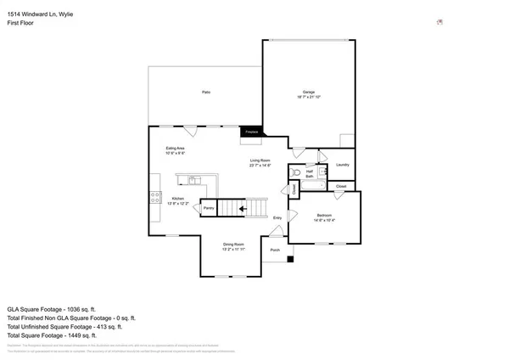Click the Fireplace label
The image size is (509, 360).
(x=251, y=132)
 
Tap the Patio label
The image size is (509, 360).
(x=206, y=92)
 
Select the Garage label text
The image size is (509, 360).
(x=310, y=92)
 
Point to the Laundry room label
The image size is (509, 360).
(x=343, y=165)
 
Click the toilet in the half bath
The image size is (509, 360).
(x=295, y=172)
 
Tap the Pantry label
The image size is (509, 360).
(x=208, y=208)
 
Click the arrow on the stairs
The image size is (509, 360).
(x=243, y=207)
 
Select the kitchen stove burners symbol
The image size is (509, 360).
(x=156, y=196)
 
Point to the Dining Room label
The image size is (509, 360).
(x=233, y=245)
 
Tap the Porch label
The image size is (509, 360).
(x=275, y=250)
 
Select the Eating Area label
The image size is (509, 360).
(x=176, y=149)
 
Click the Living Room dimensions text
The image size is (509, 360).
(x=260, y=165)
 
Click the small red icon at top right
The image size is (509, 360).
(x=439, y=22)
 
